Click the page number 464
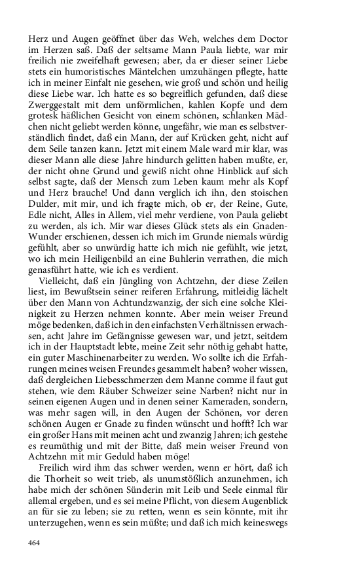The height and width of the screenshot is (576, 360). [x=35, y=543]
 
